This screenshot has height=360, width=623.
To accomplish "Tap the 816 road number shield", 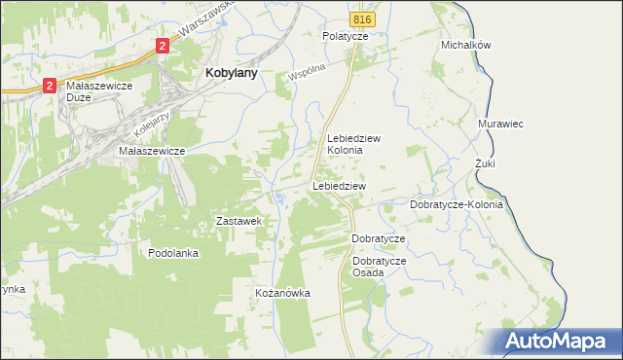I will pyautogui.click(x=362, y=19).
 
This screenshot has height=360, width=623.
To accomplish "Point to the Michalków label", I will pyautogui.click(x=465, y=45).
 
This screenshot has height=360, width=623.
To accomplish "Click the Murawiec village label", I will pyautogui.click(x=502, y=125).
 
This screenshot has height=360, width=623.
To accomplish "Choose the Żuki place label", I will pyautogui.click(x=485, y=163).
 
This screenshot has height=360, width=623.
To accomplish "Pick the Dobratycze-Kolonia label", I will pyautogui.click(x=456, y=205).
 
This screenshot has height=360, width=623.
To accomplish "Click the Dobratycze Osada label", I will pyautogui.click(x=380, y=267).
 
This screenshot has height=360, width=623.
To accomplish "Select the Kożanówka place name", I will pyautogui.click(x=281, y=293).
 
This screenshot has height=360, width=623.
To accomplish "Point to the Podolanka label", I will pyautogui.click(x=173, y=253).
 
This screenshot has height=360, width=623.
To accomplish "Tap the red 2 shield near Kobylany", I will pyautogui.click(x=163, y=45).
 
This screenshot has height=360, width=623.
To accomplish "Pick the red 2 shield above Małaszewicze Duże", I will pyautogui.click(x=49, y=87).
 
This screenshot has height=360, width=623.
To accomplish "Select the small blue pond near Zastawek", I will pyautogui.click(x=280, y=199).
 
